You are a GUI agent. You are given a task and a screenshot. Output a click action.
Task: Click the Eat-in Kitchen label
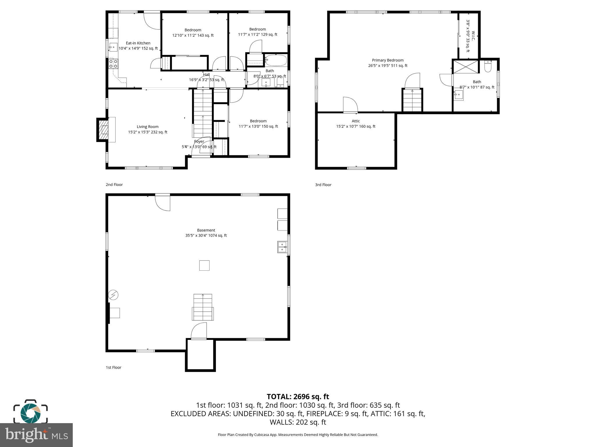click(x=138, y=43)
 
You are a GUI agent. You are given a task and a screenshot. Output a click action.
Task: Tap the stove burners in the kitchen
click(x=113, y=64)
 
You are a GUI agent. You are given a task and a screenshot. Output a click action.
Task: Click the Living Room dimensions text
click(x=148, y=132)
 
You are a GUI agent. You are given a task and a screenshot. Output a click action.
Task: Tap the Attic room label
click(x=356, y=121)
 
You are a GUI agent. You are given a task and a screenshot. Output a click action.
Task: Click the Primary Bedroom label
click(x=388, y=60)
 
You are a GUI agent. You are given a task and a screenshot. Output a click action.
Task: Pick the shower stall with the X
click(x=466, y=67)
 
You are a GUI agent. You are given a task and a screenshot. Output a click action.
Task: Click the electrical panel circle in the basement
click(x=113, y=295)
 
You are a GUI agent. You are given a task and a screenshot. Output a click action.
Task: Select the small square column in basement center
click(x=204, y=265)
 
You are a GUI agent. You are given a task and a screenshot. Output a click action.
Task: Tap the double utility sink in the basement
click(x=282, y=247)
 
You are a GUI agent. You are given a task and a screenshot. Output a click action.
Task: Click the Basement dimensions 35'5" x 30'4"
click(x=206, y=235)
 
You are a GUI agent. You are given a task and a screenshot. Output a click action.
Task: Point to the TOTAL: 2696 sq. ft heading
click(x=298, y=396)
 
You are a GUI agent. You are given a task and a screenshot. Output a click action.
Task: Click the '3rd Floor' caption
click(x=323, y=185)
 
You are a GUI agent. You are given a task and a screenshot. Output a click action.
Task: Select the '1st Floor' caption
click(x=113, y=368)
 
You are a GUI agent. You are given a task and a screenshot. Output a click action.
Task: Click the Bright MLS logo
click(x=36, y=435)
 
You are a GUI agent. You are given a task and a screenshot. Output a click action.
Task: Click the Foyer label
click(x=199, y=141)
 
